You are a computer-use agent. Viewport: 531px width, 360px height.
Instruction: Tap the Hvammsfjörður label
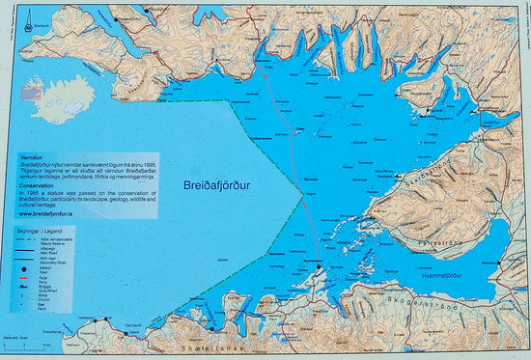click(x=448, y=276)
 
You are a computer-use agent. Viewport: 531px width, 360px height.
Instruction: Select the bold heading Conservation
click(x=38, y=187)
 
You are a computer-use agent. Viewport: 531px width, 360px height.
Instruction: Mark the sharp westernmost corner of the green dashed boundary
click(x=229, y=99)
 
